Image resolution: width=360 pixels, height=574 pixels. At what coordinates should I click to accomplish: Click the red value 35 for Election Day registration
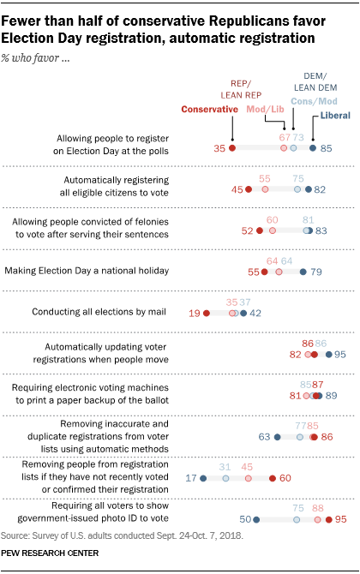point(219,148)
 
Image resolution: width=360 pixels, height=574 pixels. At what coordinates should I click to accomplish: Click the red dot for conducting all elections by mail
point(207,314)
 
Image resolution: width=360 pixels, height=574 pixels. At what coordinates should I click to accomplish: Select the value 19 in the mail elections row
point(194,314)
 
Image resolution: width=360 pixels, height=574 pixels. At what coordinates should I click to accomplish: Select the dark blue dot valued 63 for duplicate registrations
point(277,437)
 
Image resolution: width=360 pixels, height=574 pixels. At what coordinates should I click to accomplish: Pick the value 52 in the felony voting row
point(247,230)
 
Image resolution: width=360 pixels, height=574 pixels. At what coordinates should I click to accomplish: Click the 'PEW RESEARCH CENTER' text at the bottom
point(54,559)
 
